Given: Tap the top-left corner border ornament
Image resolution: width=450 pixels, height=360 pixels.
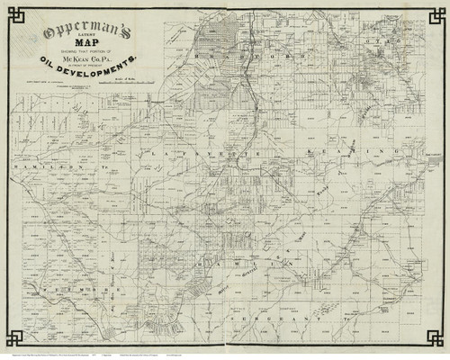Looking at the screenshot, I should pyautogui.click(x=13, y=13).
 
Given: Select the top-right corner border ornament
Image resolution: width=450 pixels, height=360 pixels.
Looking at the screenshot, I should pyautogui.click(x=436, y=13).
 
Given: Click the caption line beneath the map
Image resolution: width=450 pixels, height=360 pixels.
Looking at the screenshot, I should pyautogui.click(x=225, y=355).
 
